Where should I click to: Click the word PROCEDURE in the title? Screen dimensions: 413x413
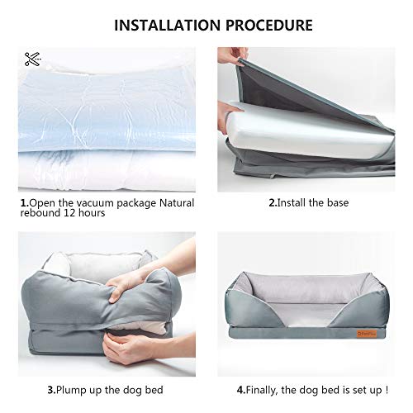(x=262, y=24)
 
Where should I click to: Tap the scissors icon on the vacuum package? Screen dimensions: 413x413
(x=32, y=59)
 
